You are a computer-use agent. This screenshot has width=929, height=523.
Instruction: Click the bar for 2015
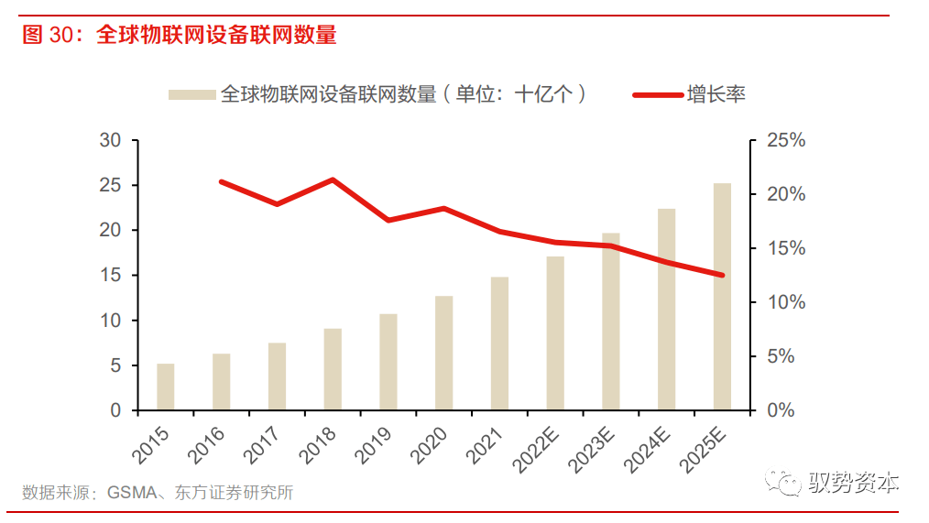coord(165,387)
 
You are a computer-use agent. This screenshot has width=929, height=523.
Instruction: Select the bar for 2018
coord(332,369)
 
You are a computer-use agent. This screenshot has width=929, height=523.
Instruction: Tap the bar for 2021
coord(499,343)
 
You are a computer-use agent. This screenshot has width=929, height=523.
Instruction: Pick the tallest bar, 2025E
coord(722,297)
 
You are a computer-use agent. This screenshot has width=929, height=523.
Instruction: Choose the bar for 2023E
coord(610,321)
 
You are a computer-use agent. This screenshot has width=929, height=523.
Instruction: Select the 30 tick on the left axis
coord(110,140)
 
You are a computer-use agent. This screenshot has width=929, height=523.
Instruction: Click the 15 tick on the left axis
coord(110,276)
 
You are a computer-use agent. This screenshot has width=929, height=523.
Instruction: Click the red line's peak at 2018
coord(332,180)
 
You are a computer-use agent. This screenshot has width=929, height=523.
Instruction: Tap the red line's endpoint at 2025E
coord(722,275)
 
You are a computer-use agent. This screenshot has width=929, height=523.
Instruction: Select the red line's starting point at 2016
coord(222,181)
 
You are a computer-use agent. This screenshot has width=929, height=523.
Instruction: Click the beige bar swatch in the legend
coord(191,94)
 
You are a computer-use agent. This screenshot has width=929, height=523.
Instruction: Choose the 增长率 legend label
coord(716,94)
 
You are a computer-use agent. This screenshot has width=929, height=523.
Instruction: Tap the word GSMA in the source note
coord(130,493)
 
